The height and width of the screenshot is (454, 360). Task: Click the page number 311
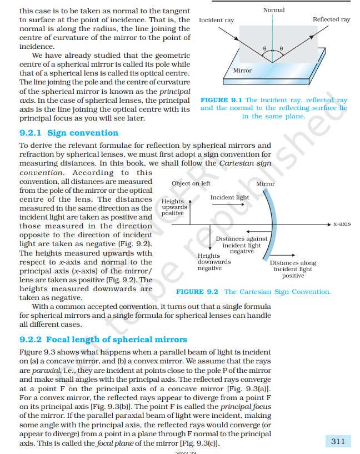[337, 441]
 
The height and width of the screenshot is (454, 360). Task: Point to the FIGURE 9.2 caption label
[197, 292]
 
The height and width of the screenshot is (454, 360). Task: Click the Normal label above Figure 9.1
[273, 10]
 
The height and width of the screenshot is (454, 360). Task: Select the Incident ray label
[216, 20]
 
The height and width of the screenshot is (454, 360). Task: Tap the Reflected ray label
[331, 19]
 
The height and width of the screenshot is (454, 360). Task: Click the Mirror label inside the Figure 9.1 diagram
[242, 71]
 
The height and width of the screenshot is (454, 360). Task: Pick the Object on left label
[191, 183]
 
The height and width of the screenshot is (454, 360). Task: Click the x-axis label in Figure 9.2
[342, 224]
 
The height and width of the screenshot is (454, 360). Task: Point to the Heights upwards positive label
[174, 207]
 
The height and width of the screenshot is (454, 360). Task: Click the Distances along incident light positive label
[293, 269]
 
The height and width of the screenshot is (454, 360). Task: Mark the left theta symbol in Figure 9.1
[266, 49]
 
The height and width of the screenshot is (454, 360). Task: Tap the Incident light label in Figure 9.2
[229, 197]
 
